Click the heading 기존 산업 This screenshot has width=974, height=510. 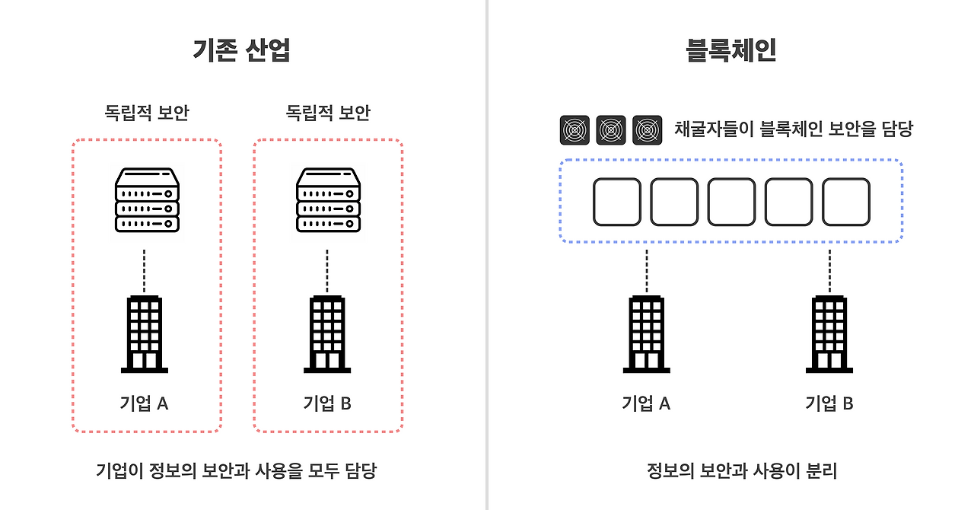(242, 50)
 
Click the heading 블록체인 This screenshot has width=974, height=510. (730, 50)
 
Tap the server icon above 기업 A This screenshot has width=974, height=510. (147, 199)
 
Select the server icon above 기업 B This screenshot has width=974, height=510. (327, 199)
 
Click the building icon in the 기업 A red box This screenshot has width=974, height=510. (145, 333)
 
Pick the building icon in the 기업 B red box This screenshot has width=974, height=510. (327, 333)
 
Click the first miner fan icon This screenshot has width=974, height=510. (575, 130)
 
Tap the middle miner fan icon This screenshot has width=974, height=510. (611, 130)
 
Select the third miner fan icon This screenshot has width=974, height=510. (648, 130)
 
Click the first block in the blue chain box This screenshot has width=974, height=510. (616, 202)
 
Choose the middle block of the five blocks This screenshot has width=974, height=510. (731, 202)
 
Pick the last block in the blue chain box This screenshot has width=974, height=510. (846, 202)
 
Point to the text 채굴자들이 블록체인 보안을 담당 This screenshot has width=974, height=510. (793, 129)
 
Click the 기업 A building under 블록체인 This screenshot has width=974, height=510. (647, 333)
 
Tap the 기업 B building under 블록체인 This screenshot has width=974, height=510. (829, 333)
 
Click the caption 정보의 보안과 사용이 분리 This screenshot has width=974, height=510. (741, 471)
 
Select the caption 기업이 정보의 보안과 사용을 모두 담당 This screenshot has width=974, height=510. (236, 471)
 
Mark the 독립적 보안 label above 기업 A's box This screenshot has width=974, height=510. (147, 113)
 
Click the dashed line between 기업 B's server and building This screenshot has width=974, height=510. (327, 270)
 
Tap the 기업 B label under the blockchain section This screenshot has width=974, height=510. (829, 403)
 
